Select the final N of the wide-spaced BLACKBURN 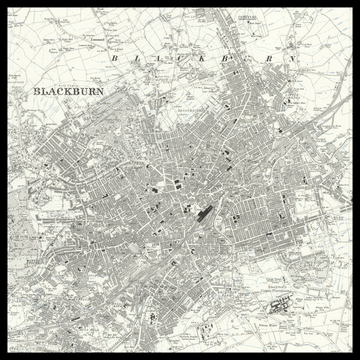pyautogui.click(x=295, y=59)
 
